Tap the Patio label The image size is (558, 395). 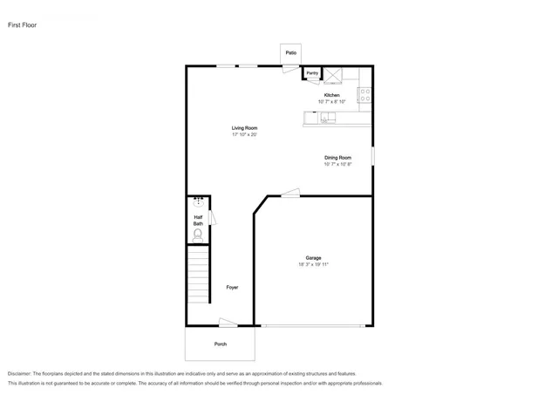tap(290, 53)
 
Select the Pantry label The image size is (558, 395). tap(312, 73)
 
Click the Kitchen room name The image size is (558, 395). tap(331, 94)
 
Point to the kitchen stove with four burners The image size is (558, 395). tap(364, 97)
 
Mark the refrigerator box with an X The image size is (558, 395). tap(333, 74)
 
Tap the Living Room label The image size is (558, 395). tap(244, 128)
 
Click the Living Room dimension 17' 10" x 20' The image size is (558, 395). tap(244, 135)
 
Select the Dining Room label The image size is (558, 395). tap(337, 157)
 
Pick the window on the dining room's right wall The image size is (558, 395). tap(372, 154)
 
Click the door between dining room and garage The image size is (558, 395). tap(291, 194)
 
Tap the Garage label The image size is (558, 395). tap(313, 257)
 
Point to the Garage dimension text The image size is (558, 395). tap(313, 264)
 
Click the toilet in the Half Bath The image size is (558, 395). tap(198, 234)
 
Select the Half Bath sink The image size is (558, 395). tap(198, 201)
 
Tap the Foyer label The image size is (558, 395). tap(232, 287)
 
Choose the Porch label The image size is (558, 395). tap(221, 344)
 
